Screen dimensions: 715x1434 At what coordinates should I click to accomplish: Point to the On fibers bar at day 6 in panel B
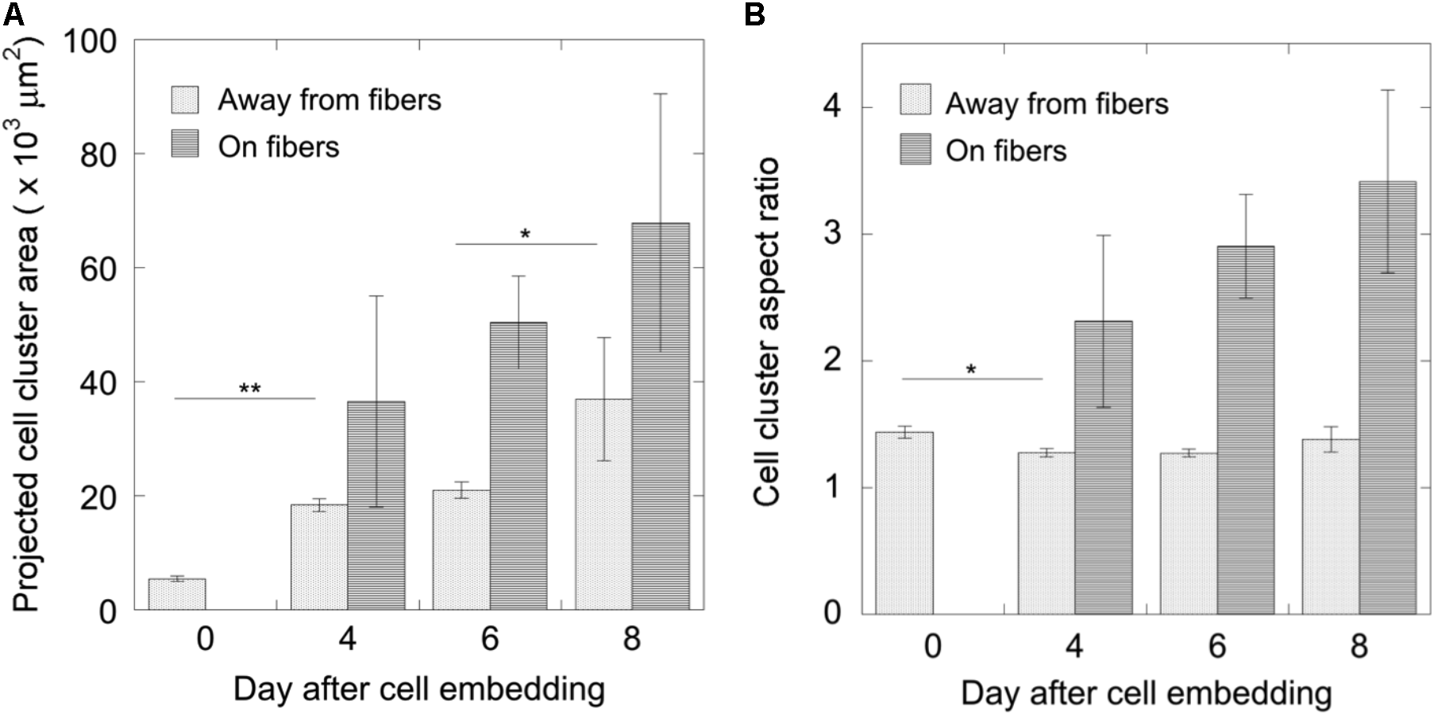click(x=1246, y=430)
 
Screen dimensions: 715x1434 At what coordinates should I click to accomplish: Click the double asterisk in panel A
click(x=250, y=389)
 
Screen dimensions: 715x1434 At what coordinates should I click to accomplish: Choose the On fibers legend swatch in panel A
click(x=185, y=147)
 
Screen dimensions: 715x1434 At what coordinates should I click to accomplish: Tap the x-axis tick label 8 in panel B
click(x=1359, y=646)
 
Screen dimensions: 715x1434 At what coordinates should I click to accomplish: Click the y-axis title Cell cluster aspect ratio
click(x=768, y=332)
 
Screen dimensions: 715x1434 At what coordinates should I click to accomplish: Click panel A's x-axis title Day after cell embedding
click(x=419, y=689)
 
